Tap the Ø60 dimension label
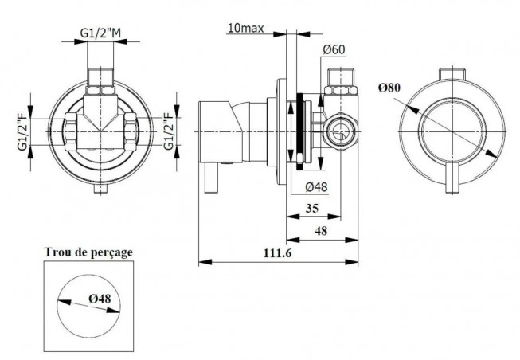tap(334, 49)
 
